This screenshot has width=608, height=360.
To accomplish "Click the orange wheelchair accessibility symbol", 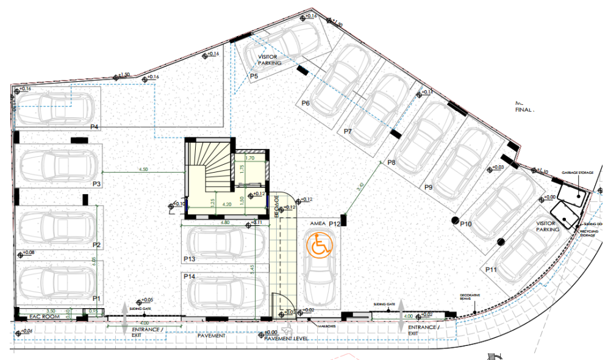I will [x=318, y=245].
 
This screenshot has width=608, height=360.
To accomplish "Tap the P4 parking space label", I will [x=95, y=127].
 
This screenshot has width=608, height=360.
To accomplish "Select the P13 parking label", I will [x=189, y=259].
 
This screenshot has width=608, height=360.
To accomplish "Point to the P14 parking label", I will [x=189, y=277].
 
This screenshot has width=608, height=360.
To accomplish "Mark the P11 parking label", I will [x=492, y=269].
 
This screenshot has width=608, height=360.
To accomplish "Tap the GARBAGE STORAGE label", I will [x=578, y=173].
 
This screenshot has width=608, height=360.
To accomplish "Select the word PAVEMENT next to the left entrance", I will [x=212, y=336].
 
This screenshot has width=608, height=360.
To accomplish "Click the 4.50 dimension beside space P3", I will [x=143, y=169].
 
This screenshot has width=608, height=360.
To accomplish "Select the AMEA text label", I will [x=318, y=224].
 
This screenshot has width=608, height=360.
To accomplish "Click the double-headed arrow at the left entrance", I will [x=124, y=315].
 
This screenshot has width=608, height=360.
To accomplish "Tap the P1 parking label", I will [x=96, y=298].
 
